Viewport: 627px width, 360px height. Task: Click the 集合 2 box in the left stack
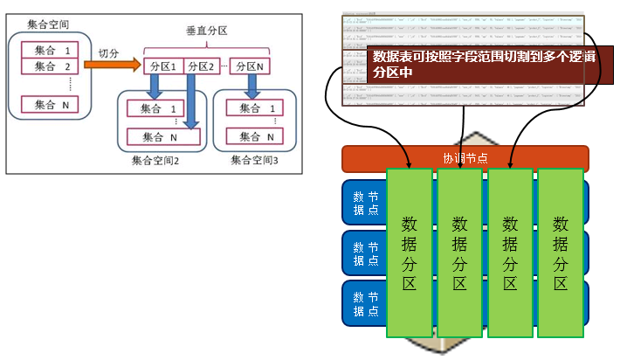(50, 66)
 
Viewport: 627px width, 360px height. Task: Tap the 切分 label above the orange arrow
(109, 53)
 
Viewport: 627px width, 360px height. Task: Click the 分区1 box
(163, 66)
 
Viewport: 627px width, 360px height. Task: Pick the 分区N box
(250, 66)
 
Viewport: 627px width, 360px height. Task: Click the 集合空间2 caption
(155, 161)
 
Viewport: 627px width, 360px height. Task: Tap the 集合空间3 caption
(255, 161)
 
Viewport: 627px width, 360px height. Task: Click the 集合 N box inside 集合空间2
(164, 137)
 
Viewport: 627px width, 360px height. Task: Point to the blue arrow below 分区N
(251, 87)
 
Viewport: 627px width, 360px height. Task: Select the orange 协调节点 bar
(465, 158)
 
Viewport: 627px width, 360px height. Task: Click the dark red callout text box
(472, 64)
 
